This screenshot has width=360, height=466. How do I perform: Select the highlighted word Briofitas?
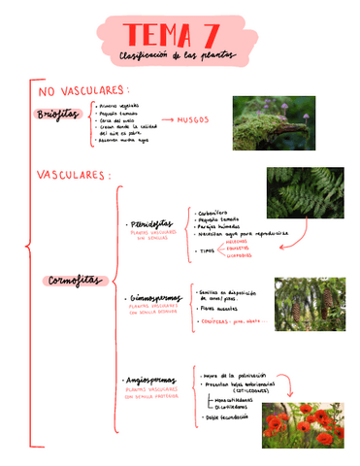57,115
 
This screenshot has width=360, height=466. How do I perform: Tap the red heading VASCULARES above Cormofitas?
74,176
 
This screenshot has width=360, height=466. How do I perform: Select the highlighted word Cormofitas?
74,281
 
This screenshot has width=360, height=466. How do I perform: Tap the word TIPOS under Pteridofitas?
206,250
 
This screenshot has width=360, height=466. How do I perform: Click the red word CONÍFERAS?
216,321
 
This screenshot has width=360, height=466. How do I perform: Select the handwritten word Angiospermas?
151,380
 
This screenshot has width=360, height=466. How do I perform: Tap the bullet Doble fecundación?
226,416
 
